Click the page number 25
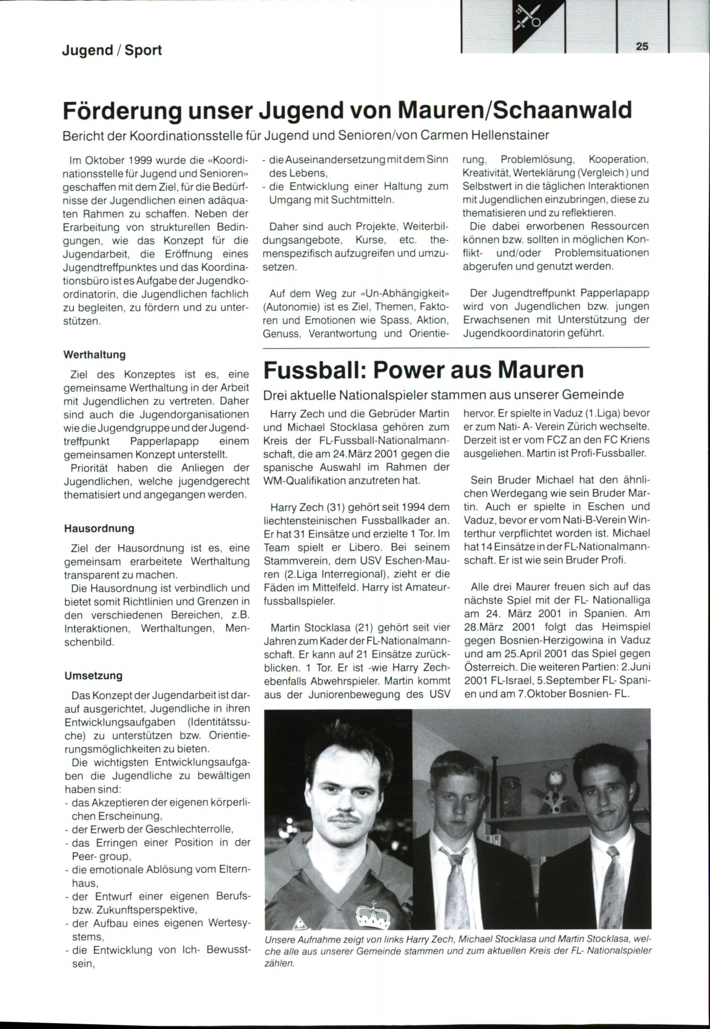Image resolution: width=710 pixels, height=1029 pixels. (642, 47)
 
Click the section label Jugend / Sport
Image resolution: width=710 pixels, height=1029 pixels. (112, 50)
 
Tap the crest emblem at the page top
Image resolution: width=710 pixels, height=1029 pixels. (527, 18)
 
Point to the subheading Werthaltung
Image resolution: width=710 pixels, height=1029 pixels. (94, 354)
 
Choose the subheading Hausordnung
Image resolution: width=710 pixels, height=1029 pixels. (99, 528)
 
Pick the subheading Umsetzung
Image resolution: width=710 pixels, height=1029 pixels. (93, 675)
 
